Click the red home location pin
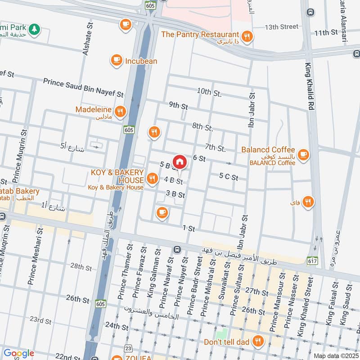tap(180, 162)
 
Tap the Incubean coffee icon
tap(117, 60)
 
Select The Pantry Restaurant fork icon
tap(246, 36)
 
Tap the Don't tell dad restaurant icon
tap(258, 341)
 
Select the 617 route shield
tap(313, 261)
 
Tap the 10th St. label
tap(209, 92)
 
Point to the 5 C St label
tap(229, 178)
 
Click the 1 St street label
tap(189, 229)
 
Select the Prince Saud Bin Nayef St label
tap(83, 87)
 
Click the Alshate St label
tap(86, 40)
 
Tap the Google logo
tap(18, 354)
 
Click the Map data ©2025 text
tap(335, 355)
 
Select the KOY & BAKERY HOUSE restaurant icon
tap(153, 179)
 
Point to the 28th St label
tap(81, 267)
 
